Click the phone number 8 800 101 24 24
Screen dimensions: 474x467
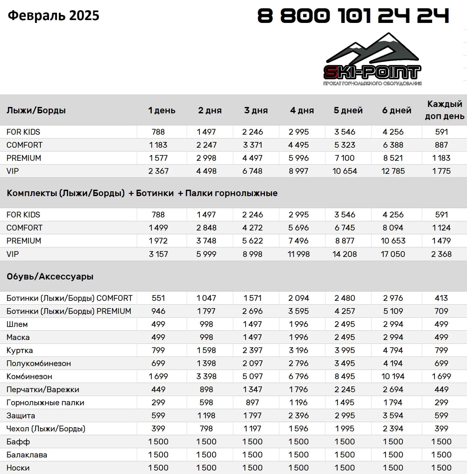pos(353,16)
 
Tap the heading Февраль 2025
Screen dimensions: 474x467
pos(53,16)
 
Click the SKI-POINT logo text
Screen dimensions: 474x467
pos(372,72)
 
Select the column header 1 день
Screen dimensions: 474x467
pos(162,110)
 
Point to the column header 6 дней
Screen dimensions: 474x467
pos(397,110)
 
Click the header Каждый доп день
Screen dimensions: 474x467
pos(444,110)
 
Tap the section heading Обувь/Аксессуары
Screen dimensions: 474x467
pos(50,276)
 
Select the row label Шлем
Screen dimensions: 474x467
pos(17,324)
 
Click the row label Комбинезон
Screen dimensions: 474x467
pos(29,377)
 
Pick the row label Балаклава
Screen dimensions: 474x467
pos(27,455)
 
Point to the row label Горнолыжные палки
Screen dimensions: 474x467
pos(45,403)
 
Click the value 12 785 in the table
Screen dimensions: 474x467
pos(393,171)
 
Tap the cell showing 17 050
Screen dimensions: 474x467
pos(393,254)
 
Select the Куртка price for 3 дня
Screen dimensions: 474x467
pos(253,350)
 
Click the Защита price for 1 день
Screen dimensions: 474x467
pos(158,416)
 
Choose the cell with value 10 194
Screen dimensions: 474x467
pos(393,377)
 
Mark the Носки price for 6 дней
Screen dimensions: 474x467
pos(393,468)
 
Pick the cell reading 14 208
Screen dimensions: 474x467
pos(345,254)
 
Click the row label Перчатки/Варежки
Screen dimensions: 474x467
pos(43,390)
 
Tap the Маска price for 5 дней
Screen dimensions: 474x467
pos(345,337)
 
